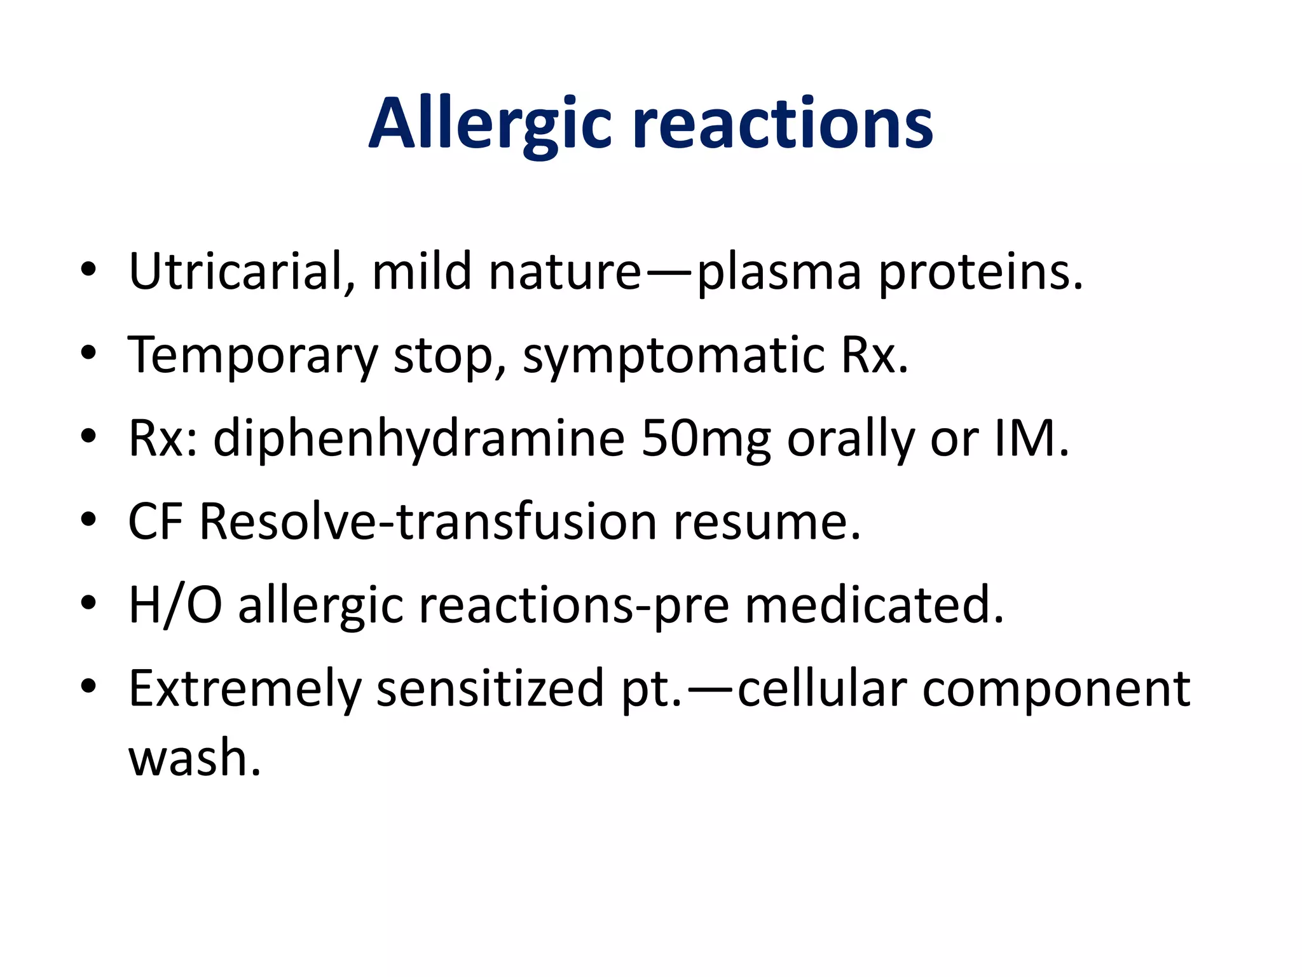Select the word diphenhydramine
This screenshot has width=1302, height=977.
point(419,440)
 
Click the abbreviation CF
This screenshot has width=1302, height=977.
point(156,522)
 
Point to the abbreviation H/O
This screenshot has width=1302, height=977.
point(175,606)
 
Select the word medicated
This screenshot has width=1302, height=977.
point(874,606)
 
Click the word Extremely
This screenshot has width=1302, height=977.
point(245,689)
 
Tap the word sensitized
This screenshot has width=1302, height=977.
point(490,689)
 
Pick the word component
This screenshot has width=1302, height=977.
point(1056,689)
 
